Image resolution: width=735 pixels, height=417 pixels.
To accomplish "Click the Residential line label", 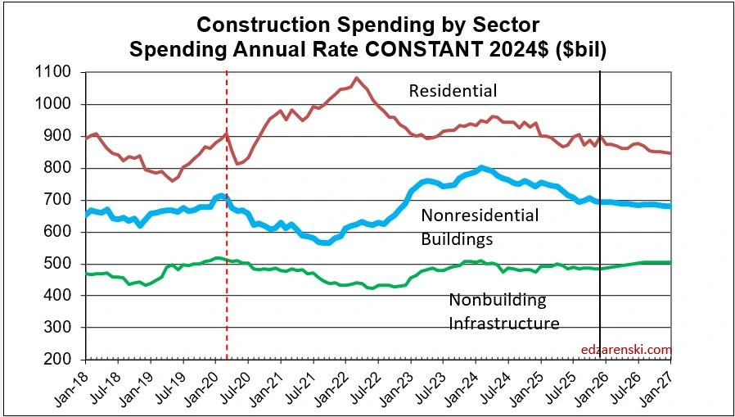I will click(453, 90).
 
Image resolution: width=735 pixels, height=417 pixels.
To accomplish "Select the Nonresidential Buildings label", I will click(480, 227).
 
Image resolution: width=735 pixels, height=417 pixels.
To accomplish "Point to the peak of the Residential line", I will click(356, 79).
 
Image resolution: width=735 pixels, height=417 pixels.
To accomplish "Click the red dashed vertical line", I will click(227, 246).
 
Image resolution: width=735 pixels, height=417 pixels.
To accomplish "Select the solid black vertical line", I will click(601, 246).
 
